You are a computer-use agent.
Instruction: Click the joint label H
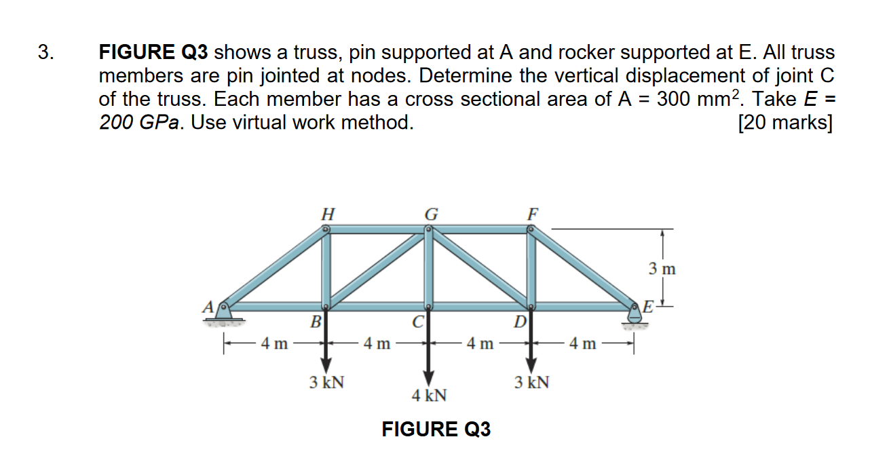[x=326, y=213]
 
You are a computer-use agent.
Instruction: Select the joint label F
[x=533, y=213]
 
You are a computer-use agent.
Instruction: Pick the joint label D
[x=519, y=320]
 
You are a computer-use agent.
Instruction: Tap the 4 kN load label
[x=429, y=395]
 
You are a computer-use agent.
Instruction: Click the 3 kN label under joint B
[x=326, y=383]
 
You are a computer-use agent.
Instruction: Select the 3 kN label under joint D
[x=532, y=383]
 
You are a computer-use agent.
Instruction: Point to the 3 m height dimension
[x=662, y=269]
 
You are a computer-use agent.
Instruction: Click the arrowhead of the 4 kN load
[x=428, y=379]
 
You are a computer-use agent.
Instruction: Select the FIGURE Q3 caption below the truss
[x=436, y=430]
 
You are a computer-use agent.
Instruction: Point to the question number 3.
[x=44, y=52]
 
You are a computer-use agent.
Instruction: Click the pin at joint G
[x=429, y=230]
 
